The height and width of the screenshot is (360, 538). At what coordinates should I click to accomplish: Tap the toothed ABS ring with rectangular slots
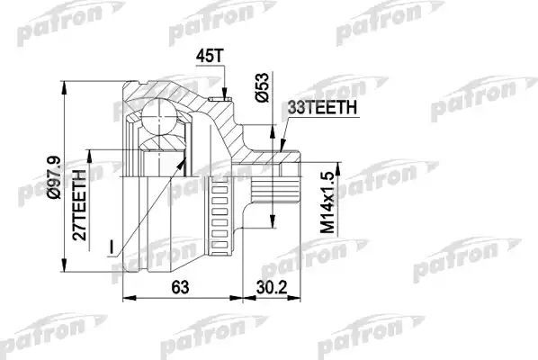click(220, 215)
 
